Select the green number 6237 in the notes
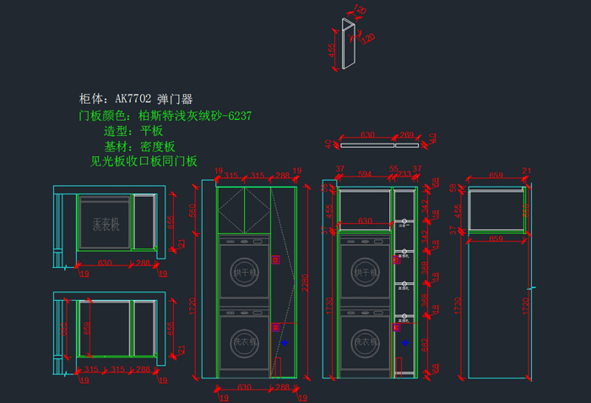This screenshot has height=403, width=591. click(x=238, y=116)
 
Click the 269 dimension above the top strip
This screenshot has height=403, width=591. click(x=406, y=134)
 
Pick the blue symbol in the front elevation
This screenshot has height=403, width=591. click(x=285, y=343)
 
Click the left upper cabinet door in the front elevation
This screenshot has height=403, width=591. click(x=230, y=210)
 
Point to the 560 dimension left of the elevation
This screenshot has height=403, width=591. click(x=192, y=210)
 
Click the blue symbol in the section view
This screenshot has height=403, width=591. click(x=405, y=343)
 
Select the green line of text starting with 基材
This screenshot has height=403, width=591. click(x=139, y=146)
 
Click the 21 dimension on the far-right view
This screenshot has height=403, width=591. click(x=527, y=172)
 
